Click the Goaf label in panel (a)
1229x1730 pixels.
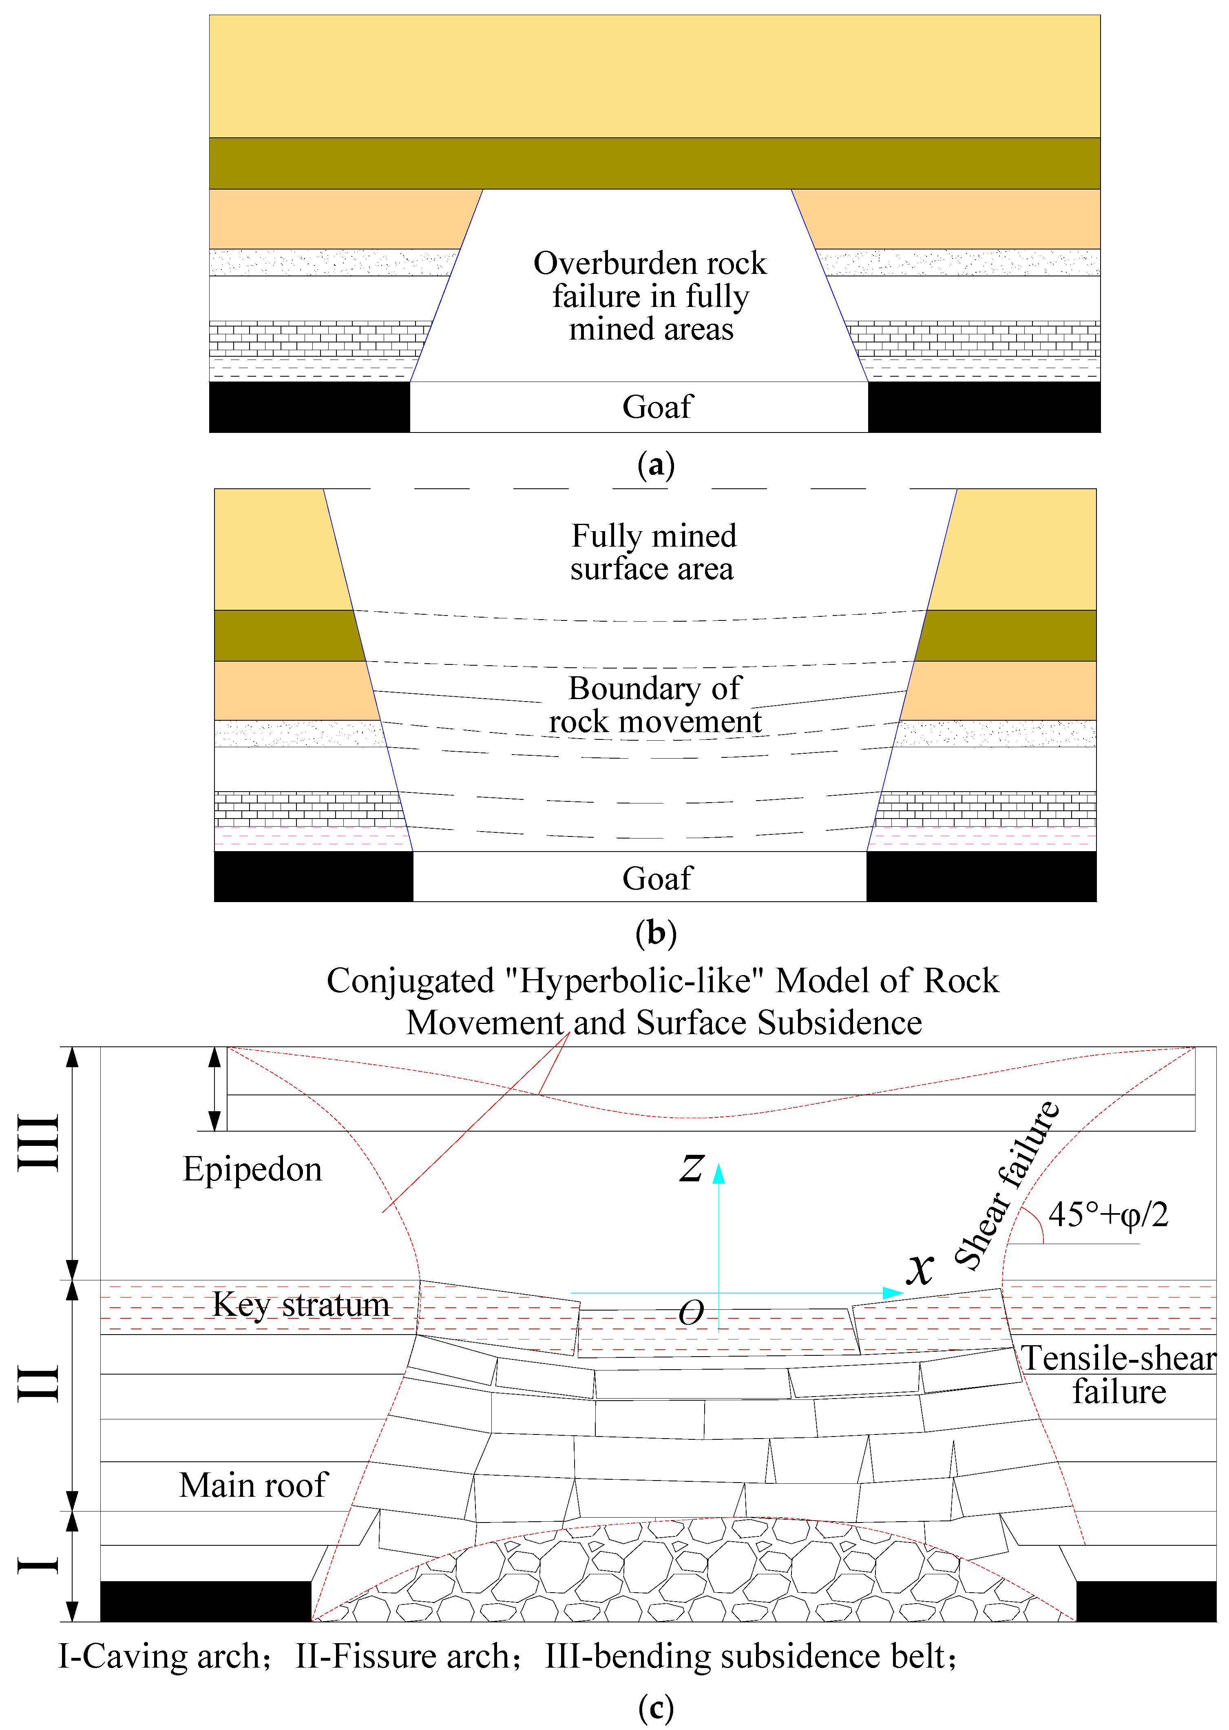[657, 407]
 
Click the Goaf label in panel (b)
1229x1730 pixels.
[657, 878]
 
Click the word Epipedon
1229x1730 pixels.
[252, 1170]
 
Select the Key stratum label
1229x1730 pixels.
[301, 1305]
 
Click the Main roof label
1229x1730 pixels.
[254, 1485]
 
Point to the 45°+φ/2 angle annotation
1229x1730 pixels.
[1108, 1215]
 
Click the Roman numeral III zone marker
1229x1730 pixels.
[40, 1142]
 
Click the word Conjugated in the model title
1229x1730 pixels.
[410, 981]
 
